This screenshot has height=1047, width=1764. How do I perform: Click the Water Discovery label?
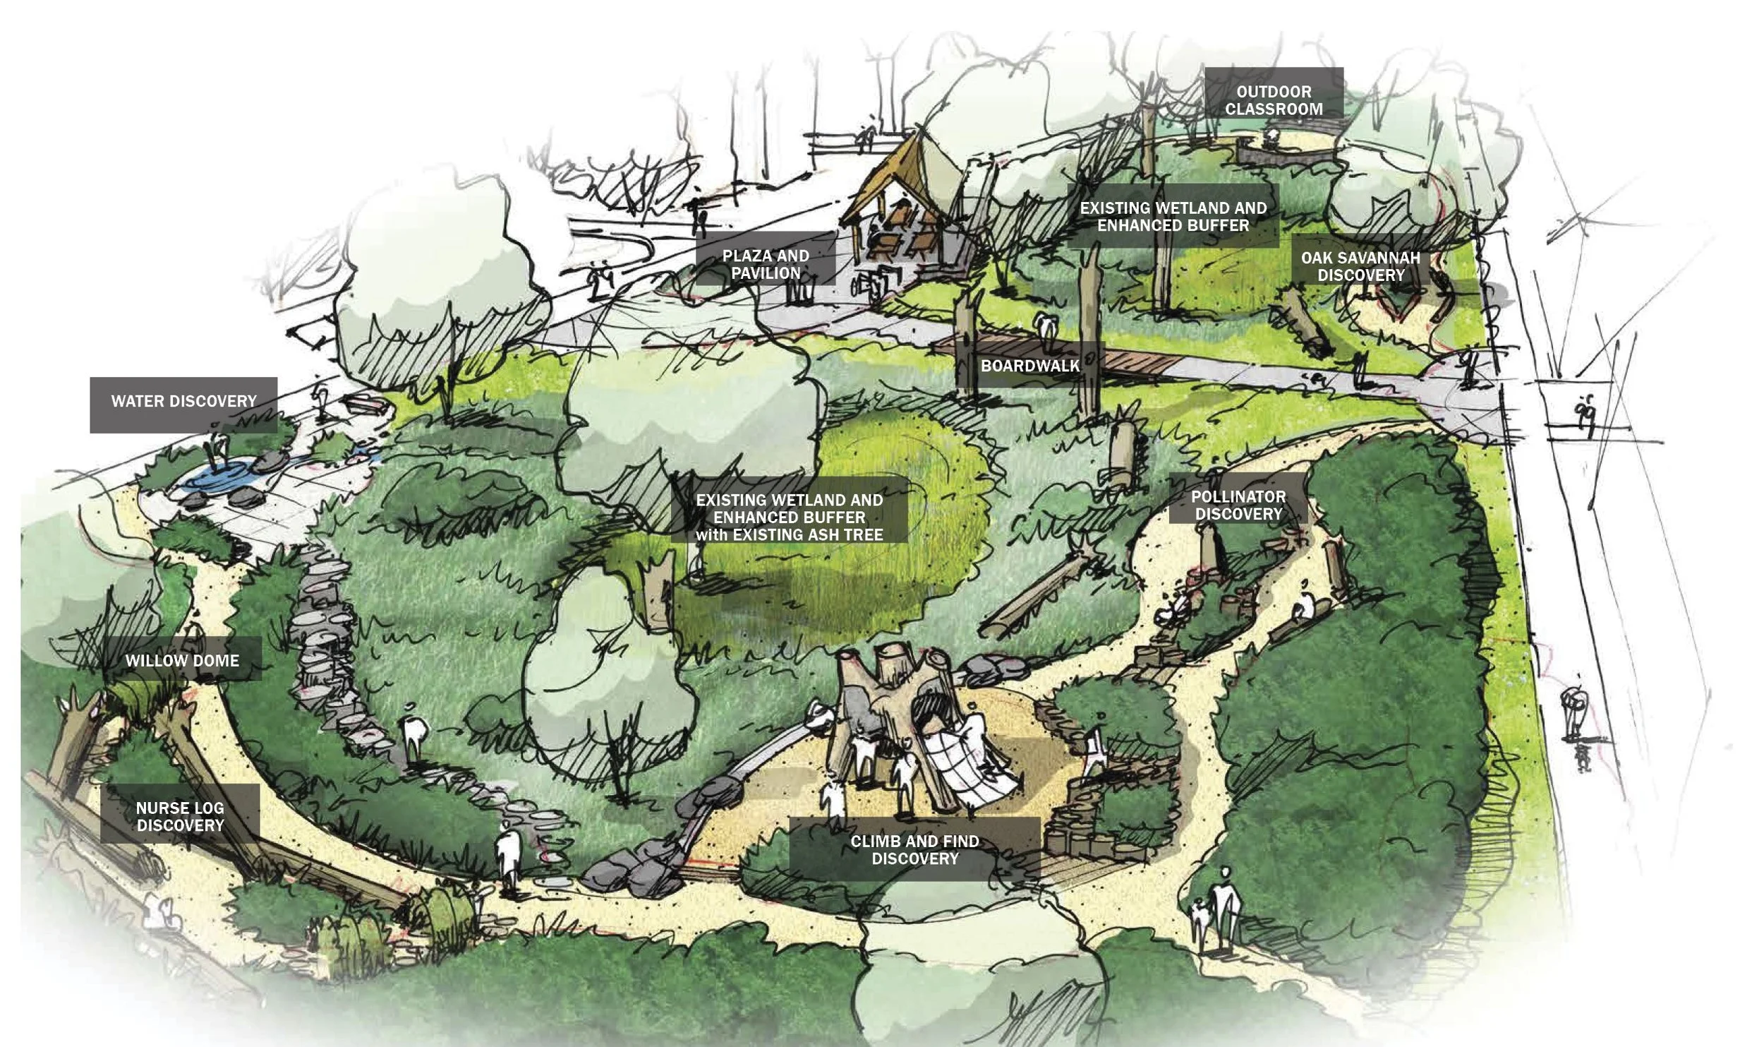[183, 402]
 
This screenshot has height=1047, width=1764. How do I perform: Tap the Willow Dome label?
[182, 661]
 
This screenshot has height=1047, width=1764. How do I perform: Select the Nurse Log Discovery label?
[180, 817]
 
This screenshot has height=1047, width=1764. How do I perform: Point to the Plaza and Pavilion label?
[766, 264]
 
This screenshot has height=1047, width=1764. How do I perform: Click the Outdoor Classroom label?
[1274, 100]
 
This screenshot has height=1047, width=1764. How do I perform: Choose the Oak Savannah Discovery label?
[1360, 266]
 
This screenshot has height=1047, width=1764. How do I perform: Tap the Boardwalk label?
[1030, 366]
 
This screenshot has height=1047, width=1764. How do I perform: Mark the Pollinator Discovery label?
[1238, 505]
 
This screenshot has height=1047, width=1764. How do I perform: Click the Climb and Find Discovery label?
[914, 850]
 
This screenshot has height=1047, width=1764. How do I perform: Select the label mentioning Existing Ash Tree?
[789, 517]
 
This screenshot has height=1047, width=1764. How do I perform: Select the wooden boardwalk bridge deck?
[1129, 362]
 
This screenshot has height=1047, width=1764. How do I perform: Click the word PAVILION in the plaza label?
[766, 273]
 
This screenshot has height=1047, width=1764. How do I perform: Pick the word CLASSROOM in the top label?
[1274, 109]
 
